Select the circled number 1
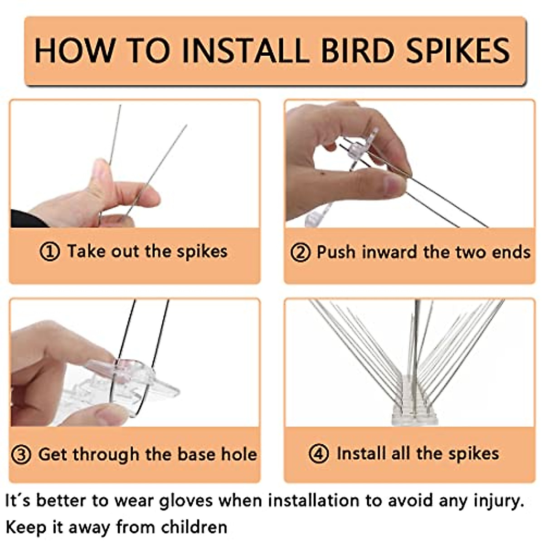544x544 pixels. [x=50, y=252]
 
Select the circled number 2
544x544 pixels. [x=300, y=253]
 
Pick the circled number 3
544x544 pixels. [x=21, y=455]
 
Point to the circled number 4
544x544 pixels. [x=319, y=454]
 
